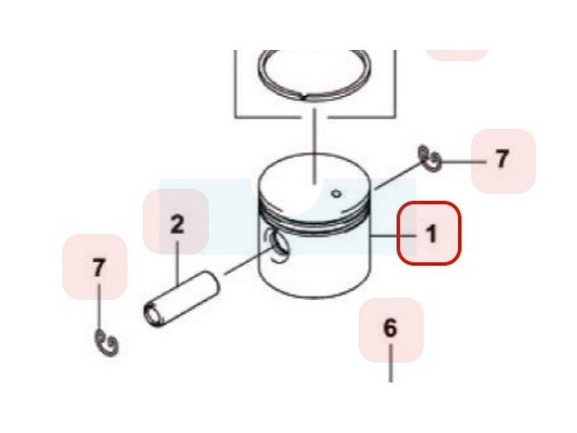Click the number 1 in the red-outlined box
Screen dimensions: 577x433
tap(431, 233)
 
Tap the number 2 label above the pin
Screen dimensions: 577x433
tap(177, 224)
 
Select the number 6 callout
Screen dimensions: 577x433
tap(390, 328)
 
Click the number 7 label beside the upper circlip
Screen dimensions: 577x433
tap(502, 158)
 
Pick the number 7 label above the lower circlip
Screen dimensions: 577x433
tap(98, 267)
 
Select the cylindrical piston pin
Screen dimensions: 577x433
tap(180, 299)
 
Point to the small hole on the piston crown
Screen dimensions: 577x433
tap(336, 193)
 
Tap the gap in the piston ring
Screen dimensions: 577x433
tap(304, 98)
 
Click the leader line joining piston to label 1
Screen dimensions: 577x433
tap(394, 236)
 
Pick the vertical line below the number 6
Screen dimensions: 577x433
tap(390, 363)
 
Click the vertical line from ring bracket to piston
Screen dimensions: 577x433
tap(314, 146)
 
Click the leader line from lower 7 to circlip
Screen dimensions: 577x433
tap(99, 307)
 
